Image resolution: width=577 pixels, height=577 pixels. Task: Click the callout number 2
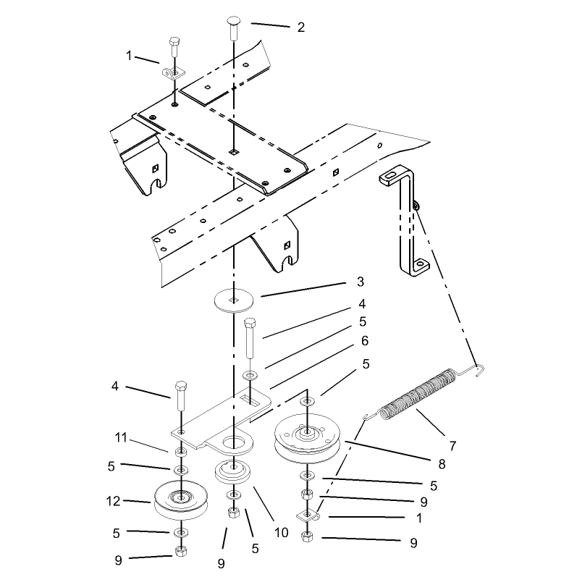point(301,28)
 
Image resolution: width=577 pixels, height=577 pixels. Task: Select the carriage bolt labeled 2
point(234,28)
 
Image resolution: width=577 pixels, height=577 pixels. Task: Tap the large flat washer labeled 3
point(234,300)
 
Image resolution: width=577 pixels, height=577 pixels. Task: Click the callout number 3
point(361,282)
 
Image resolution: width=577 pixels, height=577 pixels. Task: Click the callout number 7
point(452,446)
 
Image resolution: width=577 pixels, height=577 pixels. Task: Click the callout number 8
point(442,464)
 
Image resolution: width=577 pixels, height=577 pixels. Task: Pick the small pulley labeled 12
point(181,500)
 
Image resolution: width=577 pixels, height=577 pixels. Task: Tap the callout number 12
point(114,501)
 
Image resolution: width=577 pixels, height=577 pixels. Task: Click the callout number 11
point(121,437)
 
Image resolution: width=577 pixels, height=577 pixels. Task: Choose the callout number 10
point(282,532)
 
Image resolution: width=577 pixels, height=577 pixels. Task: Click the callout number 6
point(365,341)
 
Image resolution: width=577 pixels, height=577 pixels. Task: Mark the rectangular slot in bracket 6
point(250,400)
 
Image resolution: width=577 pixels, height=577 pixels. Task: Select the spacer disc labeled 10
point(232,471)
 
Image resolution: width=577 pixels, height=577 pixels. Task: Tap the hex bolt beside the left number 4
point(181,396)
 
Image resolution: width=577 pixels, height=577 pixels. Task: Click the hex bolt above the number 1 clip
point(174,47)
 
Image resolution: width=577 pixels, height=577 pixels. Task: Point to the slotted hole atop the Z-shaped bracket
point(390,177)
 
